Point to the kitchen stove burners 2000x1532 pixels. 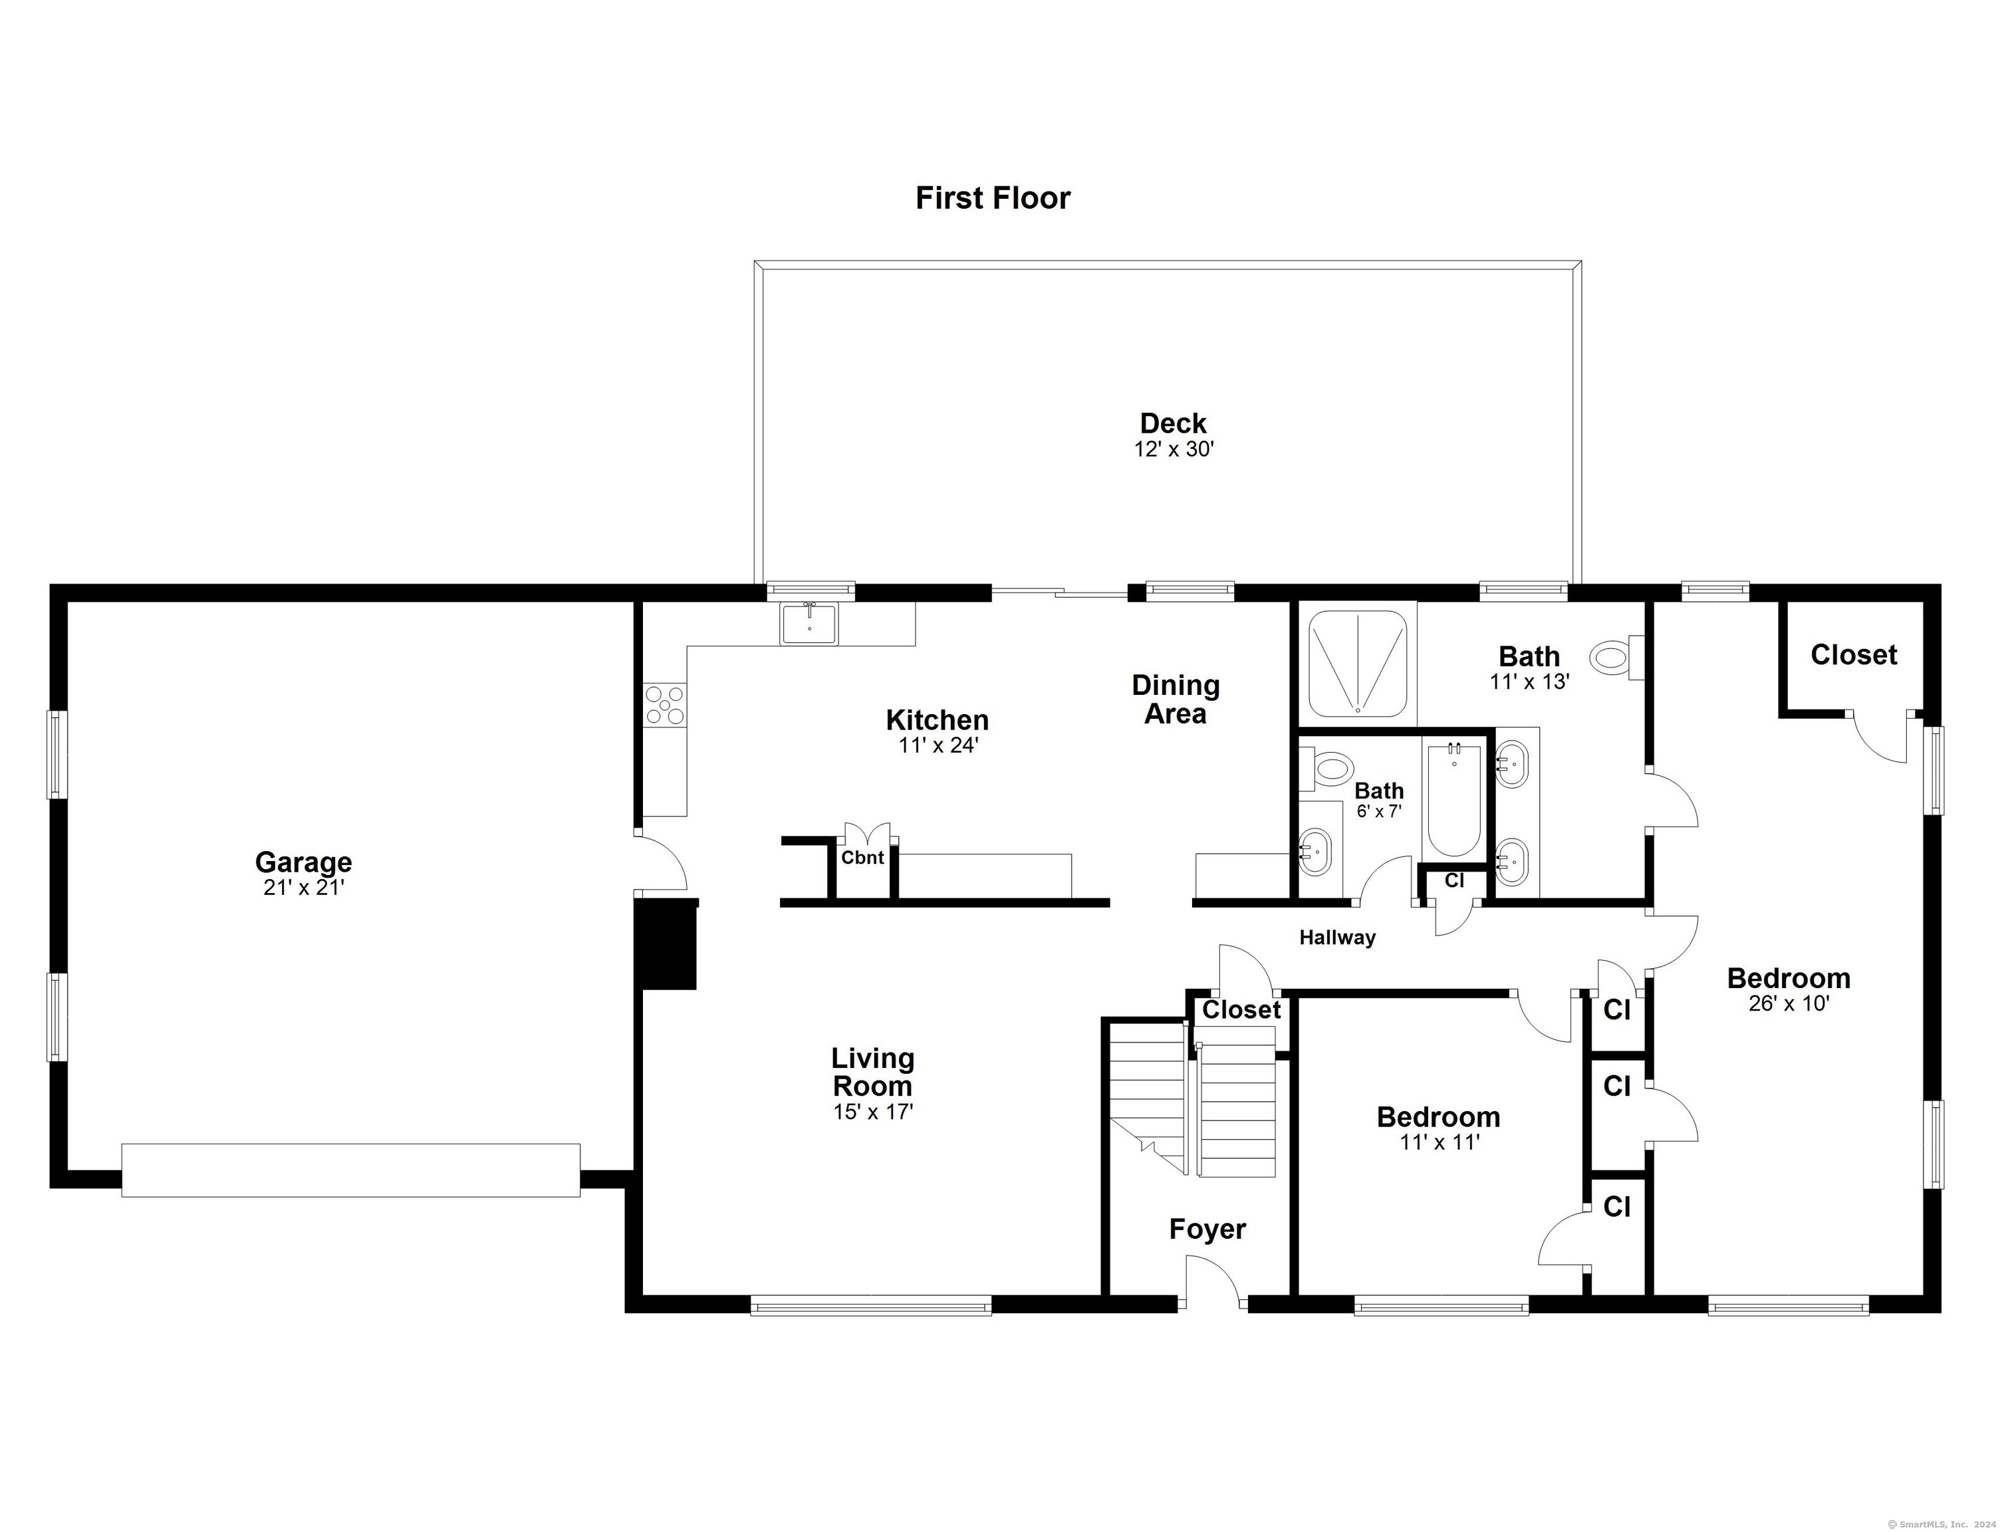pyautogui.click(x=665, y=705)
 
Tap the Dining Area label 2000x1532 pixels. pyautogui.click(x=1175, y=700)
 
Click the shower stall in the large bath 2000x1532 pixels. pyautogui.click(x=1357, y=663)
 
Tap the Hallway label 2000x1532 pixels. pyautogui.click(x=1337, y=938)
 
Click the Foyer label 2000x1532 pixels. pyautogui.click(x=1207, y=1229)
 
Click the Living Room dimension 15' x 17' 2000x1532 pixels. pyautogui.click(x=873, y=1112)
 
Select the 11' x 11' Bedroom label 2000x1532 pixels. pyautogui.click(x=1438, y=1117)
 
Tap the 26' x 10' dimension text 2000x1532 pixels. pyautogui.click(x=1789, y=1004)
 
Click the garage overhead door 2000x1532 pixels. pyautogui.click(x=351, y=1170)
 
